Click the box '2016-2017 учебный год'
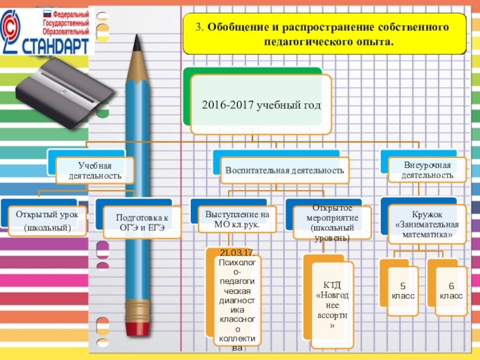click(261, 105)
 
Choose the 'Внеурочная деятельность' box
click(427, 170)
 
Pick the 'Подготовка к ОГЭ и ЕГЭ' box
click(142, 222)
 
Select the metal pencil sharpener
click(64, 84)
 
